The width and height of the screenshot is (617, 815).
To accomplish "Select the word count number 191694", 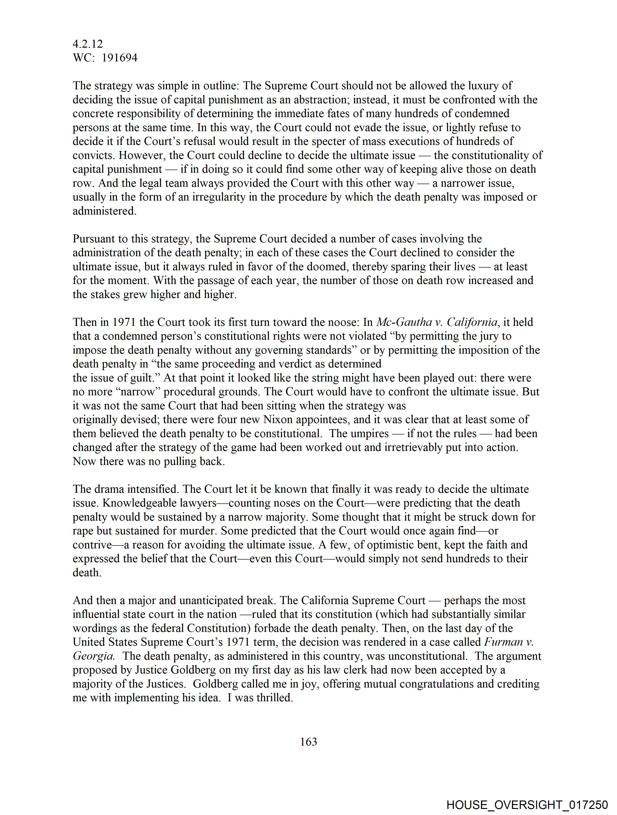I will tap(120, 58).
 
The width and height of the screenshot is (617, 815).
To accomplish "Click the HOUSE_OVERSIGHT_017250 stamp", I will tap(527, 805).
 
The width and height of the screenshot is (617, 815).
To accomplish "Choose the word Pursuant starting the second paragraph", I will tap(94, 239).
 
